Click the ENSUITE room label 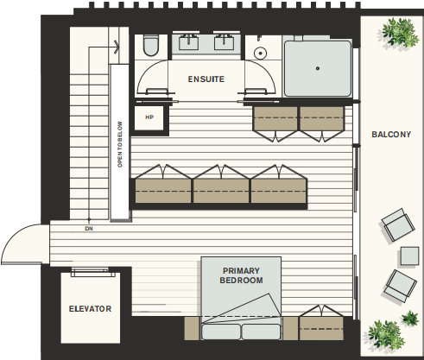pyautogui.click(x=206, y=79)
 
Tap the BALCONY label pyautogui.click(x=391, y=135)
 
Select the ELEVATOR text pyautogui.click(x=90, y=309)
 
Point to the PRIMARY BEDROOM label pyautogui.click(x=241, y=275)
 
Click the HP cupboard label pyautogui.click(x=149, y=117)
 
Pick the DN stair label pyautogui.click(x=89, y=229)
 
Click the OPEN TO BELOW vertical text pyautogui.click(x=120, y=144)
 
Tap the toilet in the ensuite pyautogui.click(x=151, y=45)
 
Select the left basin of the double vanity pyautogui.click(x=188, y=42)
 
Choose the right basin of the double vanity pyautogui.click(x=225, y=42)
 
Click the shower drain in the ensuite pyautogui.click(x=318, y=68)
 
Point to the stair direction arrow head pyautogui.click(x=117, y=47)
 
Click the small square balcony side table pyautogui.click(x=409, y=256)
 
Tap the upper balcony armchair pyautogui.click(x=398, y=224)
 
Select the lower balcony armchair pyautogui.click(x=401, y=286)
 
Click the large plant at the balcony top pyautogui.click(x=398, y=32)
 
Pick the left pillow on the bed pyautogui.click(x=221, y=332)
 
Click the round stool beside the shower pyautogui.click(x=260, y=54)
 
